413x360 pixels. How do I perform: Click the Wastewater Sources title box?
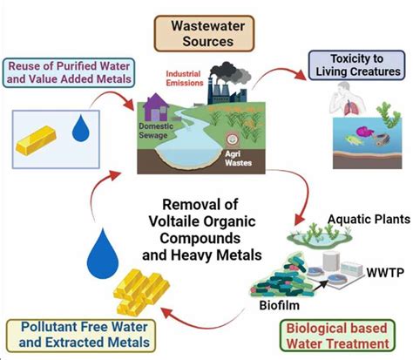(x=204, y=34)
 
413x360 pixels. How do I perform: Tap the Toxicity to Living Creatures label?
(x=356, y=65)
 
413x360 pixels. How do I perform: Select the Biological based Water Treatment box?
(x=337, y=336)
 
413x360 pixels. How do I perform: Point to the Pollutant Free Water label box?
(x=81, y=336)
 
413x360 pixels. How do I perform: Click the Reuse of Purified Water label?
(x=69, y=72)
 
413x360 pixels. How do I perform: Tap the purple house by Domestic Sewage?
(x=156, y=107)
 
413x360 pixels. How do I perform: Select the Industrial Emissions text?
(x=185, y=78)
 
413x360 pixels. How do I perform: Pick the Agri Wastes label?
(x=238, y=158)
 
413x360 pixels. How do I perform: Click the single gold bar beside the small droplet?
(x=36, y=140)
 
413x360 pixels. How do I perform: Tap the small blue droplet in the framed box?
(x=80, y=128)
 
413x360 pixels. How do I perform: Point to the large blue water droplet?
(x=103, y=254)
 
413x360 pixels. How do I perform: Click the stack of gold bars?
(x=141, y=292)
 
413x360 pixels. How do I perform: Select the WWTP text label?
(x=385, y=273)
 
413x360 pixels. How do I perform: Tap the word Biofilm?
(x=279, y=305)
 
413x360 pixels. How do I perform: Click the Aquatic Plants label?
(x=369, y=220)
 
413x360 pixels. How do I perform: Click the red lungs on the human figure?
(x=350, y=107)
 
